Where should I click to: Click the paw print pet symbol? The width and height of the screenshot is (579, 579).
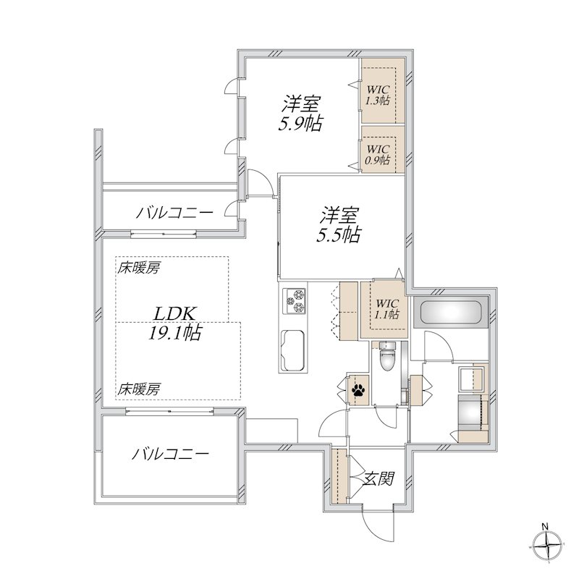[358, 390]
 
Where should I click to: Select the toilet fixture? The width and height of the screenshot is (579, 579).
[388, 355]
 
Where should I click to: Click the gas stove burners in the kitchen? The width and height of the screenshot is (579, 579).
[295, 302]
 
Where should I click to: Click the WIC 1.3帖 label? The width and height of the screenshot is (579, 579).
[378, 94]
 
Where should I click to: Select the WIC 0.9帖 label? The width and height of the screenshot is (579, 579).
[378, 154]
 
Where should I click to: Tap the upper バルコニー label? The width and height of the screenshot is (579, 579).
[174, 214]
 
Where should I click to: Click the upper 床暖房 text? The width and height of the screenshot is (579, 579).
[139, 269]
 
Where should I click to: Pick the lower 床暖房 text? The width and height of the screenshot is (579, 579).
[139, 389]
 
